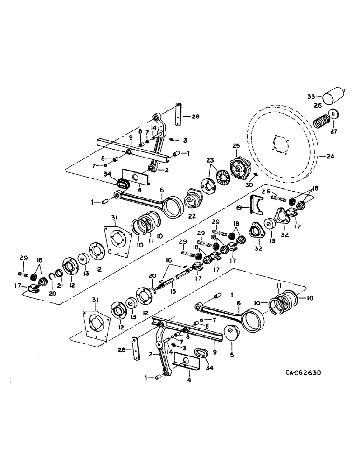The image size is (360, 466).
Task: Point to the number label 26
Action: pyautogui.click(x=317, y=106)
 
